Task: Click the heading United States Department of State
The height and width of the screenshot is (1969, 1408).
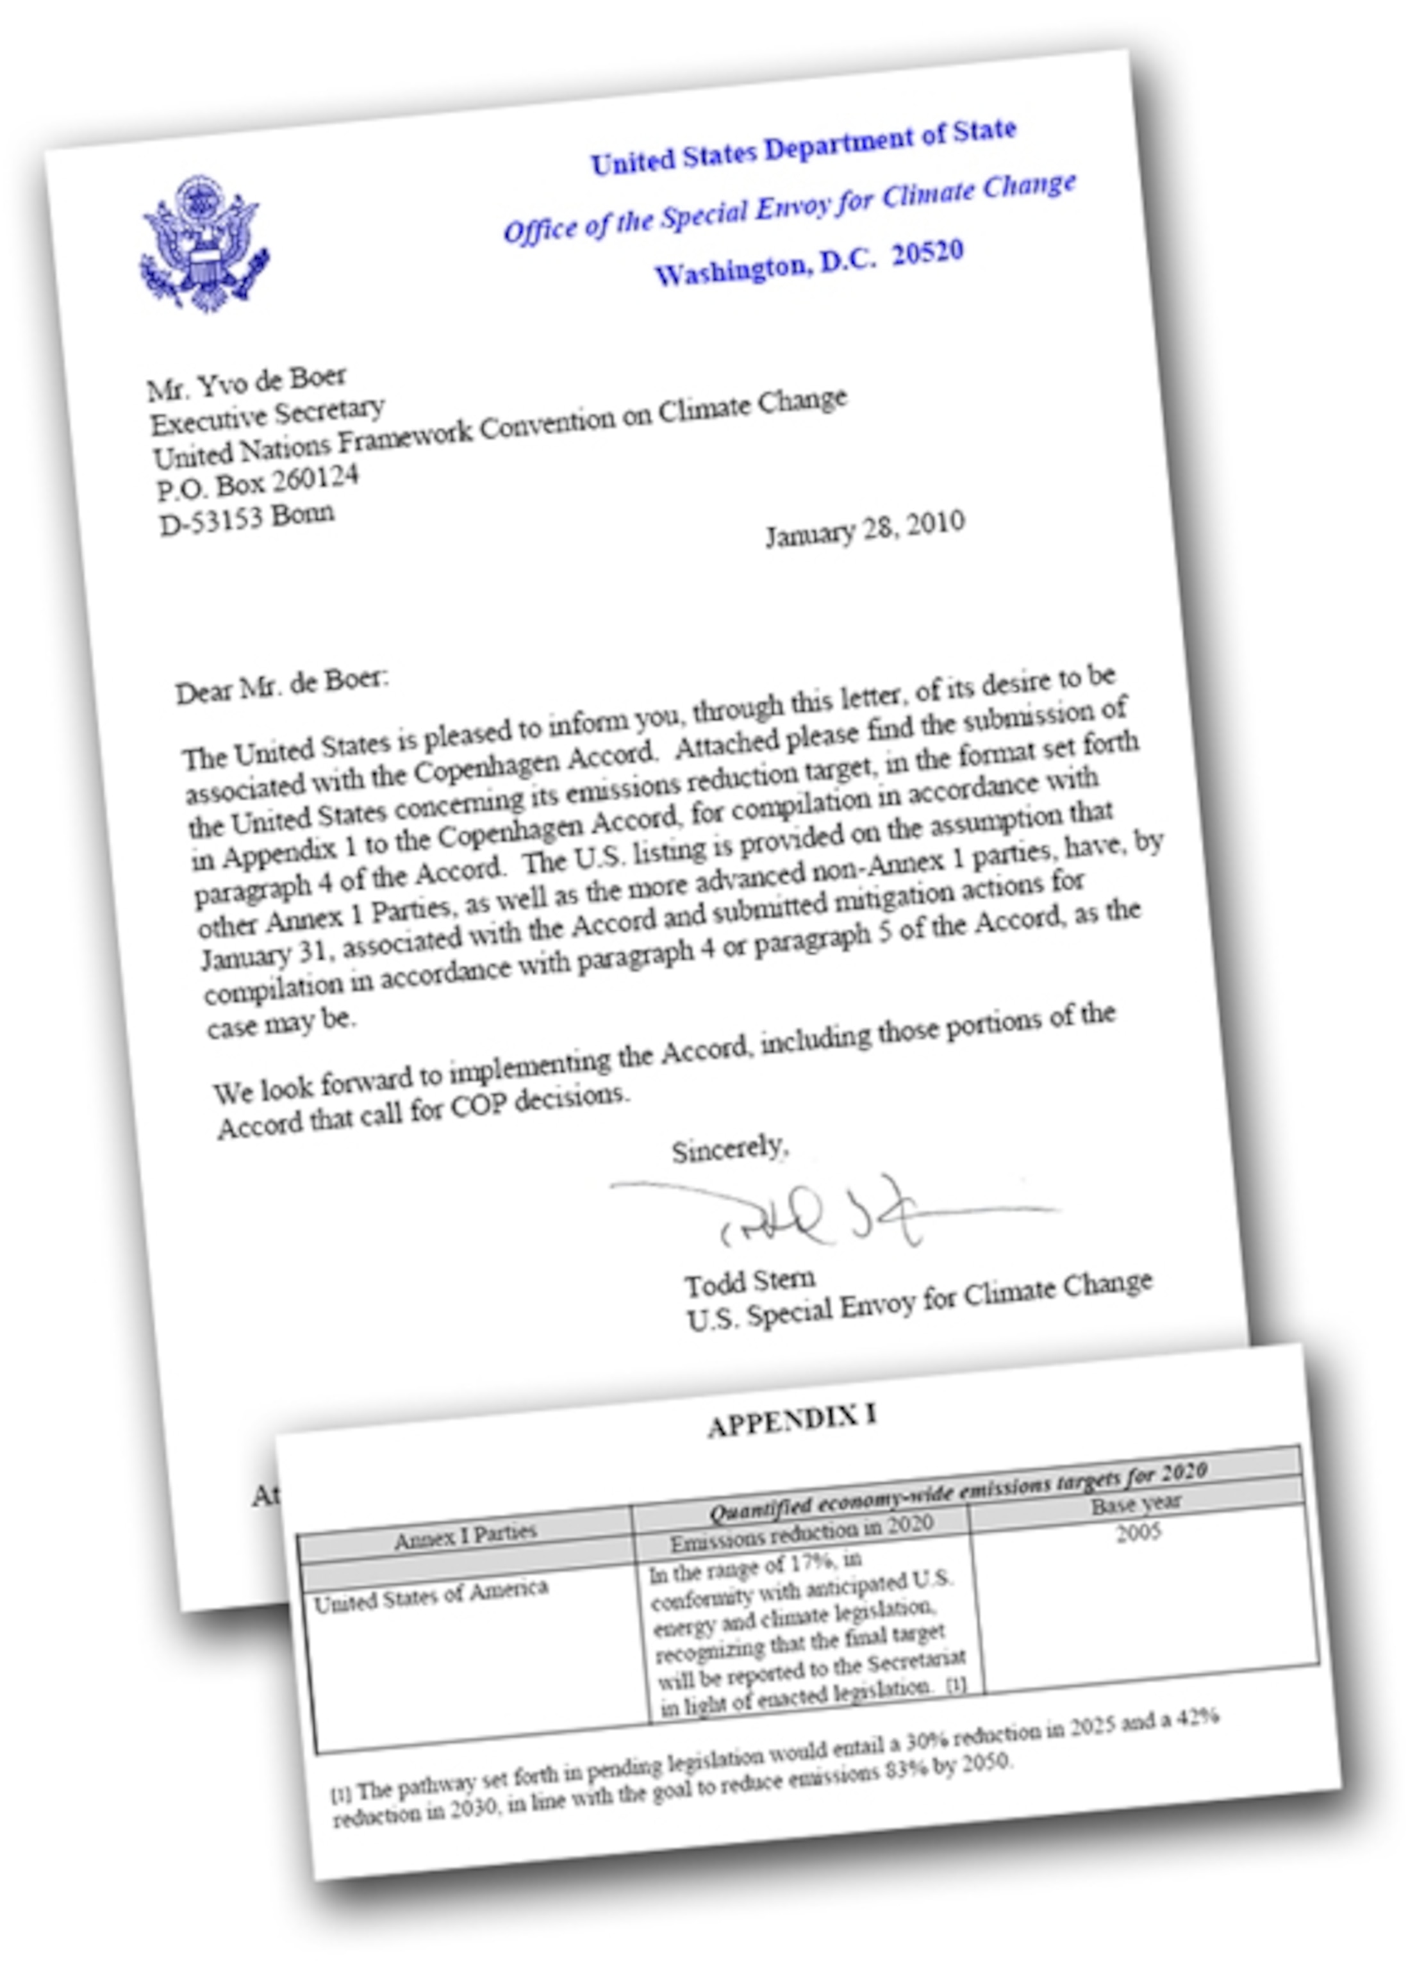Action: coord(803,147)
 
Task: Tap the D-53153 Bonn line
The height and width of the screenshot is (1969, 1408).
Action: coord(247,519)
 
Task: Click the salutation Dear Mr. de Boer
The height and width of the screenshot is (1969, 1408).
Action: coord(283,685)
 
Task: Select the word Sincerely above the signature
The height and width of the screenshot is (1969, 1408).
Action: coord(730,1150)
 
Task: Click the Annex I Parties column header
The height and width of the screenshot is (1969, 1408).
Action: coord(465,1536)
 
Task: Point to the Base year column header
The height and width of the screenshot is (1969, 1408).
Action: coord(1136,1504)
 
